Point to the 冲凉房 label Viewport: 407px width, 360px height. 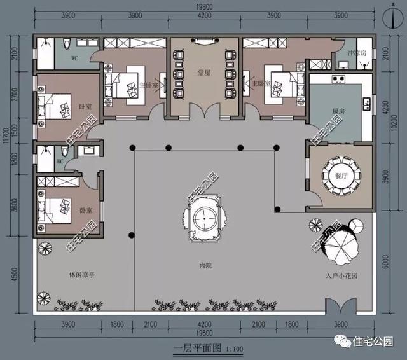pyautogui.click(x=355, y=54)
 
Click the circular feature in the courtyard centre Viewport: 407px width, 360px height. pyautogui.click(x=205, y=220)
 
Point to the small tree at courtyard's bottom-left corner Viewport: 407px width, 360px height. pyautogui.click(x=43, y=298)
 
